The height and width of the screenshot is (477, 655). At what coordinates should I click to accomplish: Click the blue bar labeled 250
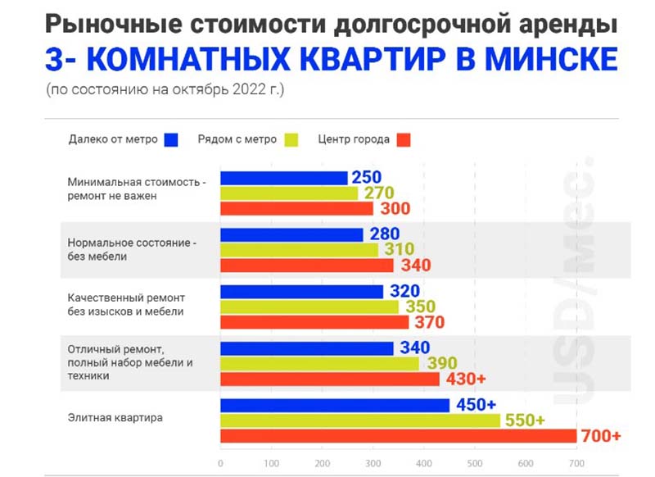[x=283, y=178]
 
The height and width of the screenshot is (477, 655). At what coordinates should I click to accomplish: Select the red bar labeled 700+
[x=398, y=435]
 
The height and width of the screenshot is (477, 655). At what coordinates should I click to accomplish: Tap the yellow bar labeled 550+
[x=360, y=420]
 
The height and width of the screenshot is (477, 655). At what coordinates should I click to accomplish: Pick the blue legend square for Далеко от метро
[x=171, y=139]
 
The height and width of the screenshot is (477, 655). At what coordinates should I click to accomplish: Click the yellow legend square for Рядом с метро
[x=291, y=139]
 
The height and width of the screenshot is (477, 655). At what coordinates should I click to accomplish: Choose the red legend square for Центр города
[x=403, y=139]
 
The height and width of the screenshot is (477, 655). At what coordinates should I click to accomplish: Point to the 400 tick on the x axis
[x=424, y=463]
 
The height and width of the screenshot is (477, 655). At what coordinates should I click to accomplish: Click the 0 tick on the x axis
[x=221, y=463]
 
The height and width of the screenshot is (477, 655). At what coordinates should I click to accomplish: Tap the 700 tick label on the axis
[x=576, y=463]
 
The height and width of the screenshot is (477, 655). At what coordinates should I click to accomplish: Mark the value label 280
[x=384, y=235]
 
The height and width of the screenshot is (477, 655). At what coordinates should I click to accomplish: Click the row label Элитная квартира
[x=115, y=418]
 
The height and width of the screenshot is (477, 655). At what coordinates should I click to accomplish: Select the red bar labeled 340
[x=307, y=266]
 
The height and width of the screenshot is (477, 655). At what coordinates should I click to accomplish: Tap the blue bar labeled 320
[x=302, y=292]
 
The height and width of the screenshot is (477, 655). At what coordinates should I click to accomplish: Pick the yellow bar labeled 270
[x=289, y=193]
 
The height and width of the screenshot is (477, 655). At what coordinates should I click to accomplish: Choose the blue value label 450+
[x=476, y=405]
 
